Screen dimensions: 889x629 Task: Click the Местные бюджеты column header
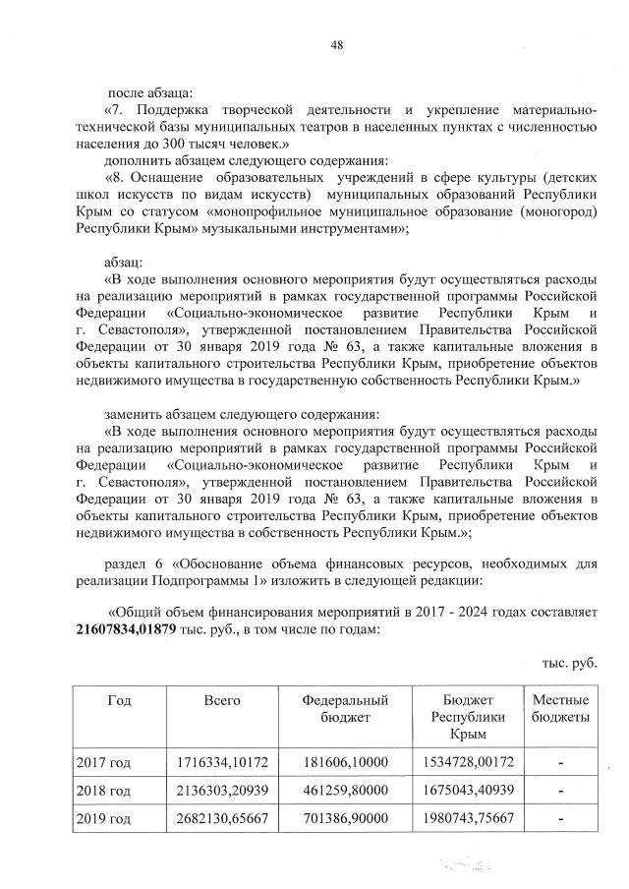point(560,708)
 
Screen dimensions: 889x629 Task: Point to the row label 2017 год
point(103,762)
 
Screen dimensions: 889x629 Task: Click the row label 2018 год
point(103,791)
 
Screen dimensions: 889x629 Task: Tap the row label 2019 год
point(103,819)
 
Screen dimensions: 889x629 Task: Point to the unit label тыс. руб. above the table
point(570,662)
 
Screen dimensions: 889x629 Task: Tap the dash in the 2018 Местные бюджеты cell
point(560,791)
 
